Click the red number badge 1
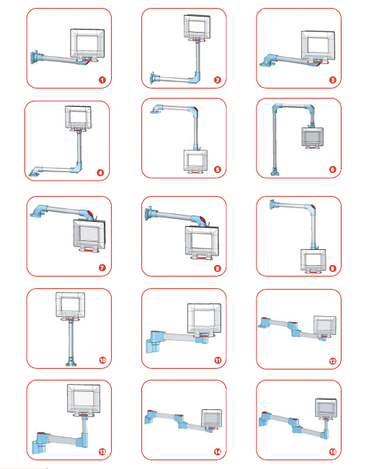102,80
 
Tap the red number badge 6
332,169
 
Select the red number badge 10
102,360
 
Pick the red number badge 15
333,452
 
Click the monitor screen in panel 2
196,27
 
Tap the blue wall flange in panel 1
35,57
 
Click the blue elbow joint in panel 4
77,167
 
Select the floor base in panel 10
71,363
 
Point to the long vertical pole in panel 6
275,141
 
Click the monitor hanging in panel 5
195,161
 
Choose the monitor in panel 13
84,399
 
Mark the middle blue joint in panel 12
295,329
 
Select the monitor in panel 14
212,419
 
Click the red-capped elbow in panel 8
200,220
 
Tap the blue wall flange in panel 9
274,205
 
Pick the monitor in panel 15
326,408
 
